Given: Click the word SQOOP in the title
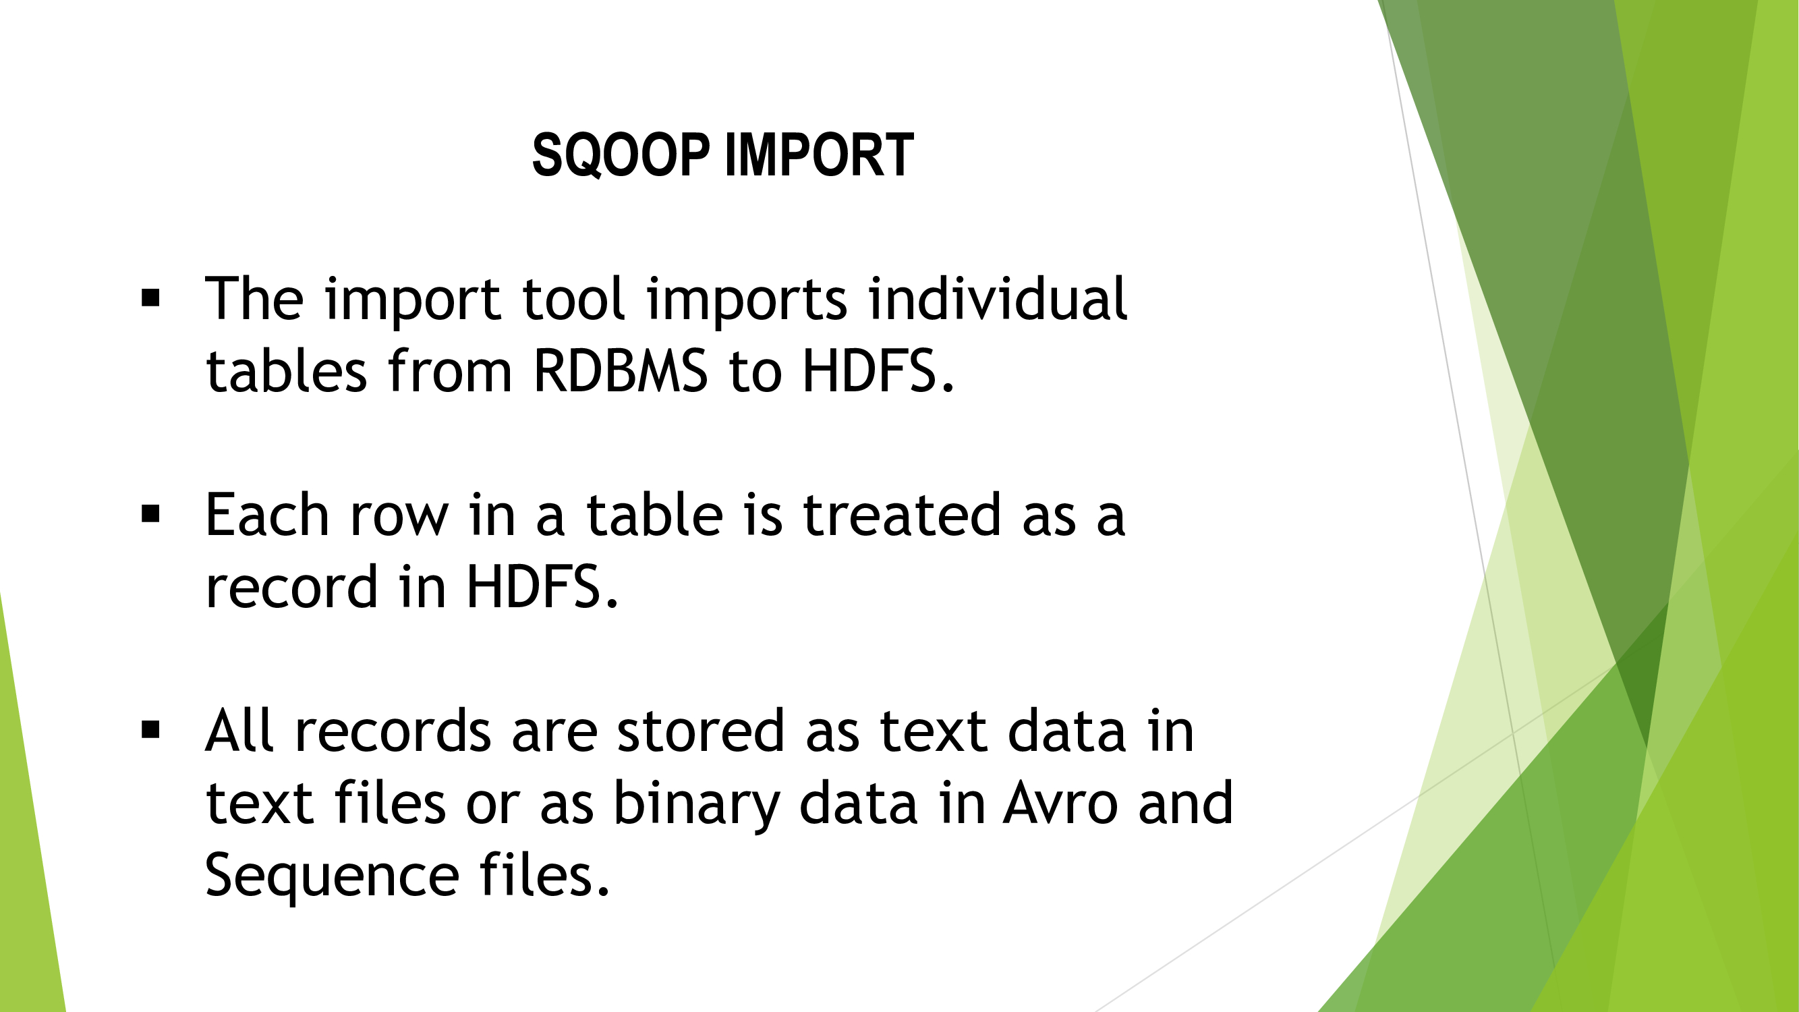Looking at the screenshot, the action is click(x=621, y=154).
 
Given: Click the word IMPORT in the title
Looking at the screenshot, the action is click(x=819, y=154).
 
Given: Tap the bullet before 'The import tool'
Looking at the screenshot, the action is click(x=150, y=299).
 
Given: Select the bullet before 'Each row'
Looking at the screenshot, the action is click(x=150, y=515).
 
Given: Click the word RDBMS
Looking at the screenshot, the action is click(x=620, y=371).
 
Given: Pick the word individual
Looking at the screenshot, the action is click(x=997, y=298).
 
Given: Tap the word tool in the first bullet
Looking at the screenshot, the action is click(x=573, y=298).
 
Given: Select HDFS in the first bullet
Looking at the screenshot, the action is click(x=878, y=371).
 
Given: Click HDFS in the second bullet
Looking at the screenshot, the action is click(x=542, y=587).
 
